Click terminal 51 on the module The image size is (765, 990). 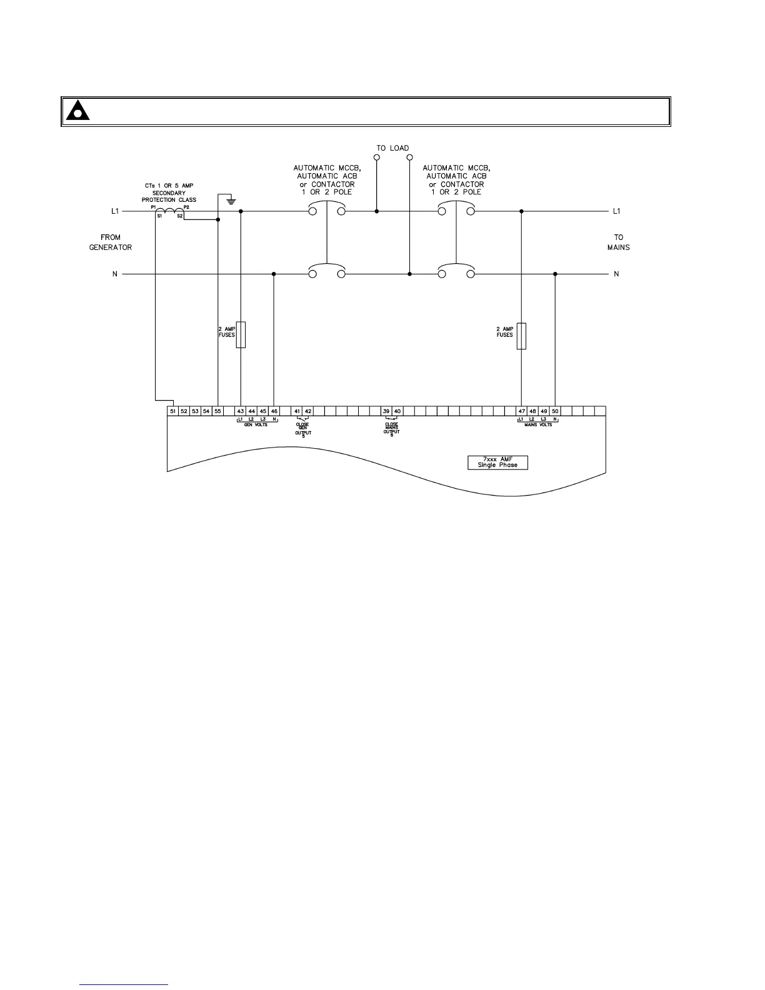click(x=172, y=411)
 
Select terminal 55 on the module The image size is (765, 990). click(x=217, y=411)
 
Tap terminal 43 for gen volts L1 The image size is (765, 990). click(x=241, y=411)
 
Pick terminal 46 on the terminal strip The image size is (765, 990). click(x=274, y=411)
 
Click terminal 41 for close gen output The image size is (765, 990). click(x=297, y=411)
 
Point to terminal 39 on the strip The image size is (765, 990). click(x=386, y=411)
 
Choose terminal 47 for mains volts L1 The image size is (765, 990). click(x=521, y=411)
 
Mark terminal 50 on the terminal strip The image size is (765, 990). click(x=555, y=411)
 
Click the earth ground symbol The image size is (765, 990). click(x=231, y=201)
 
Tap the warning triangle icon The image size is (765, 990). click(x=77, y=111)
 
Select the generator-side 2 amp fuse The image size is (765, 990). click(x=241, y=335)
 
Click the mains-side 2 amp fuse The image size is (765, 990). click(x=521, y=336)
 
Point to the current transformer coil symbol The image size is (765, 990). click(x=169, y=212)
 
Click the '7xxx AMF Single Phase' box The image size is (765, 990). click(x=497, y=462)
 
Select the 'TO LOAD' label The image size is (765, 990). click(x=392, y=148)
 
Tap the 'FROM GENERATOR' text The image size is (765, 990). click(x=111, y=242)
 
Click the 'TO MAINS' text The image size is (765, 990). click(x=618, y=242)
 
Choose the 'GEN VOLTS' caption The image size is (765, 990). click(x=256, y=425)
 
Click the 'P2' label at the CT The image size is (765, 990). click(x=186, y=207)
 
